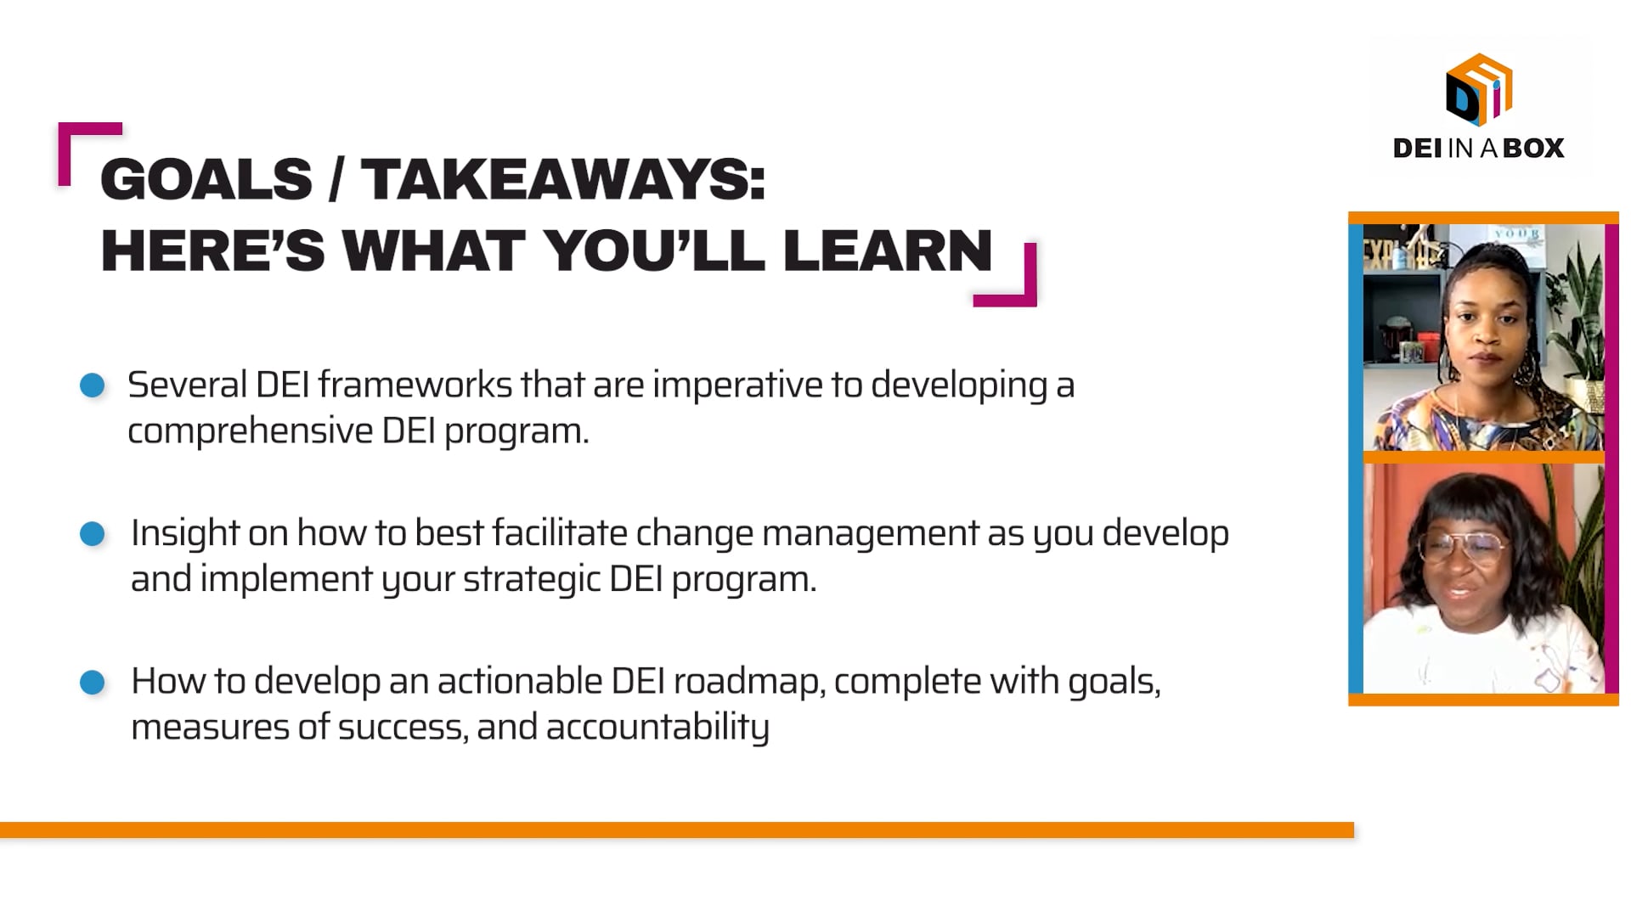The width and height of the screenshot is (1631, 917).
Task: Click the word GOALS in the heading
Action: click(x=206, y=180)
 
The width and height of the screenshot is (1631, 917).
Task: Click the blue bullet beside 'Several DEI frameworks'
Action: click(x=92, y=385)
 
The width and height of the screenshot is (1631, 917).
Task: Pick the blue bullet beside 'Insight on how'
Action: click(x=92, y=534)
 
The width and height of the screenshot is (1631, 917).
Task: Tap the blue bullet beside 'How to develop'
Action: click(x=92, y=682)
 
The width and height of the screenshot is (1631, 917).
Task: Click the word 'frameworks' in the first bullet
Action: click(x=415, y=385)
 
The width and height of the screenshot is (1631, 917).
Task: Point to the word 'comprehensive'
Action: click(x=250, y=431)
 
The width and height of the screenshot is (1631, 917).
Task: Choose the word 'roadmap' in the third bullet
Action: click(x=748, y=682)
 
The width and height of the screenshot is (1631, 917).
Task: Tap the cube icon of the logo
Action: click(x=1479, y=90)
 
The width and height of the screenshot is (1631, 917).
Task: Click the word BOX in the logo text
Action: click(x=1533, y=149)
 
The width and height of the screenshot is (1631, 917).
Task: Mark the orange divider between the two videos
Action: click(x=1483, y=458)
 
